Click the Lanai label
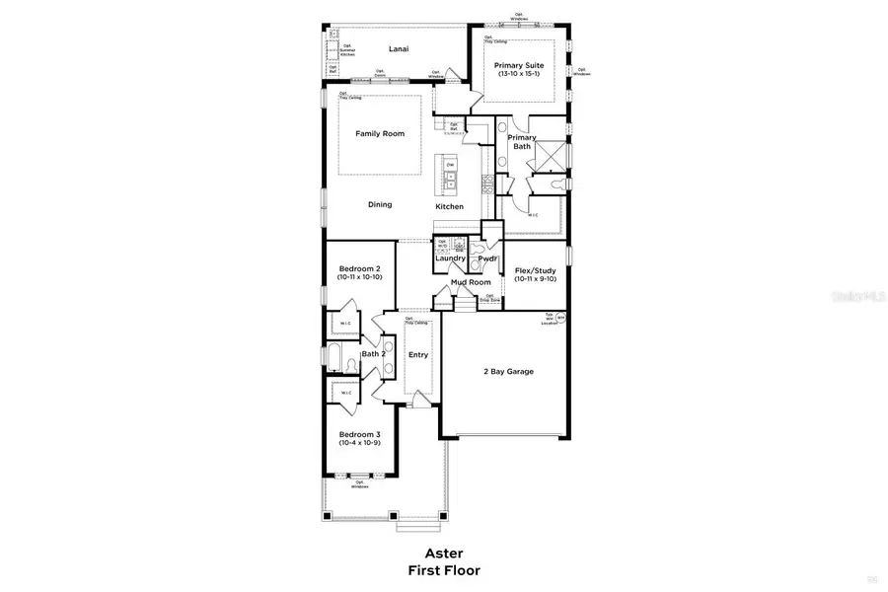pyautogui.click(x=399, y=48)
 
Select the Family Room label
pyautogui.click(x=380, y=133)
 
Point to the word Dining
pyautogui.click(x=380, y=205)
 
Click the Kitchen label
pyautogui.click(x=450, y=206)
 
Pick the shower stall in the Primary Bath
pyautogui.click(x=553, y=155)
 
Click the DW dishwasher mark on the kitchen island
pyautogui.click(x=451, y=166)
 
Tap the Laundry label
pyautogui.click(x=450, y=259)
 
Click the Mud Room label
pyautogui.click(x=471, y=282)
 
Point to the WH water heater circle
pyautogui.click(x=560, y=318)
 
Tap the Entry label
pyautogui.click(x=418, y=355)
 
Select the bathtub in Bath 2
pyautogui.click(x=334, y=358)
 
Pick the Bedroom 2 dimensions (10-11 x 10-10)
pyautogui.click(x=359, y=279)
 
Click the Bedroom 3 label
pyautogui.click(x=359, y=434)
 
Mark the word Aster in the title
pyautogui.click(x=443, y=554)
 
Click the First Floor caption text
pyautogui.click(x=443, y=570)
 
